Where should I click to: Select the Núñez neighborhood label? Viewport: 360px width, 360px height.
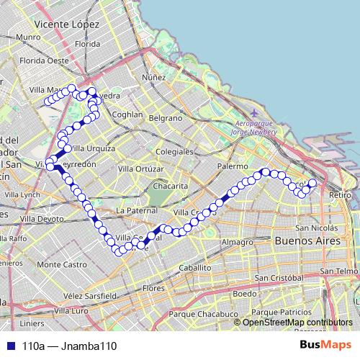[154, 77]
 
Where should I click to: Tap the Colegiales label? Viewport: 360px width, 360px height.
[175, 152]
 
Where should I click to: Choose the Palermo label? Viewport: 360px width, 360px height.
[232, 166]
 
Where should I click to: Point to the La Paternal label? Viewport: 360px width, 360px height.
[135, 210]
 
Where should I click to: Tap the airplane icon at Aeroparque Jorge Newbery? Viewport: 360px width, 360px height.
[254, 113]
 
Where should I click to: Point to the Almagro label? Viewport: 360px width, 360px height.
[238, 243]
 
